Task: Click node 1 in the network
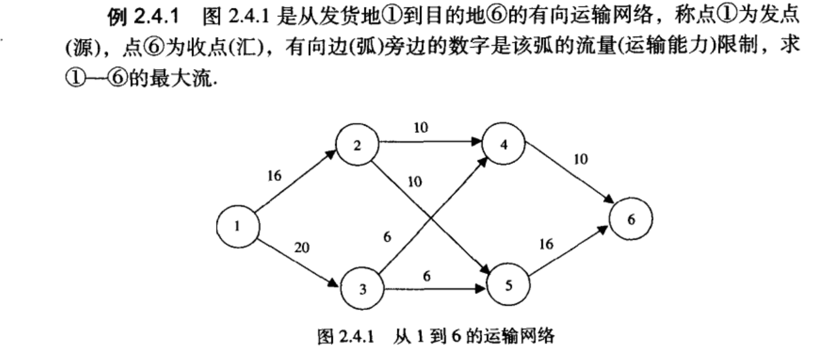coord(237,227)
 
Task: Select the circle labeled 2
coord(357,145)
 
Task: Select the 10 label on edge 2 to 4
coord(420,128)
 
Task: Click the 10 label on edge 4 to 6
coord(581,160)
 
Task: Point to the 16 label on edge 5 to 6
coord(546,244)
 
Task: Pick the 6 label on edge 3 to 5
coord(426,276)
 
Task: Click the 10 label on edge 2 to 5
coord(414,183)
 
